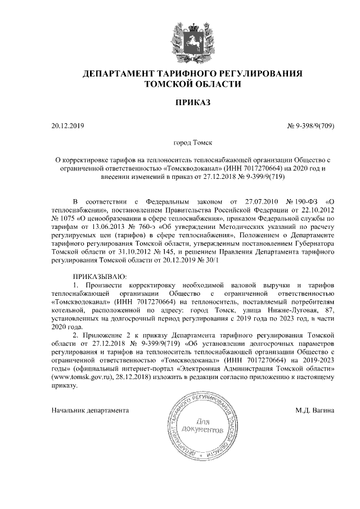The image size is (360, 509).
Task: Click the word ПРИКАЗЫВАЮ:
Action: tap(101, 277)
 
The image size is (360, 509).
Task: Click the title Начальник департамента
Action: tap(90, 410)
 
